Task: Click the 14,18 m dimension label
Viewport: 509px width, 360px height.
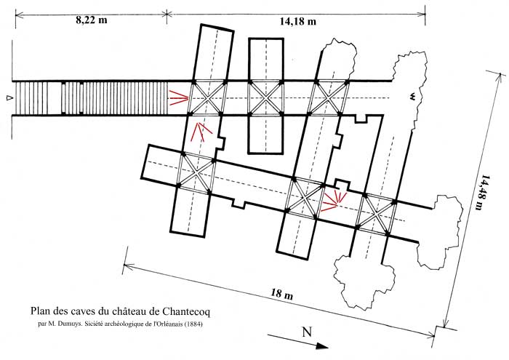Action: pos(298,22)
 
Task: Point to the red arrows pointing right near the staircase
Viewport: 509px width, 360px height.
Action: pos(177,97)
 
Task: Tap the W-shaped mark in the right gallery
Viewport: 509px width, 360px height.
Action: pos(412,95)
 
